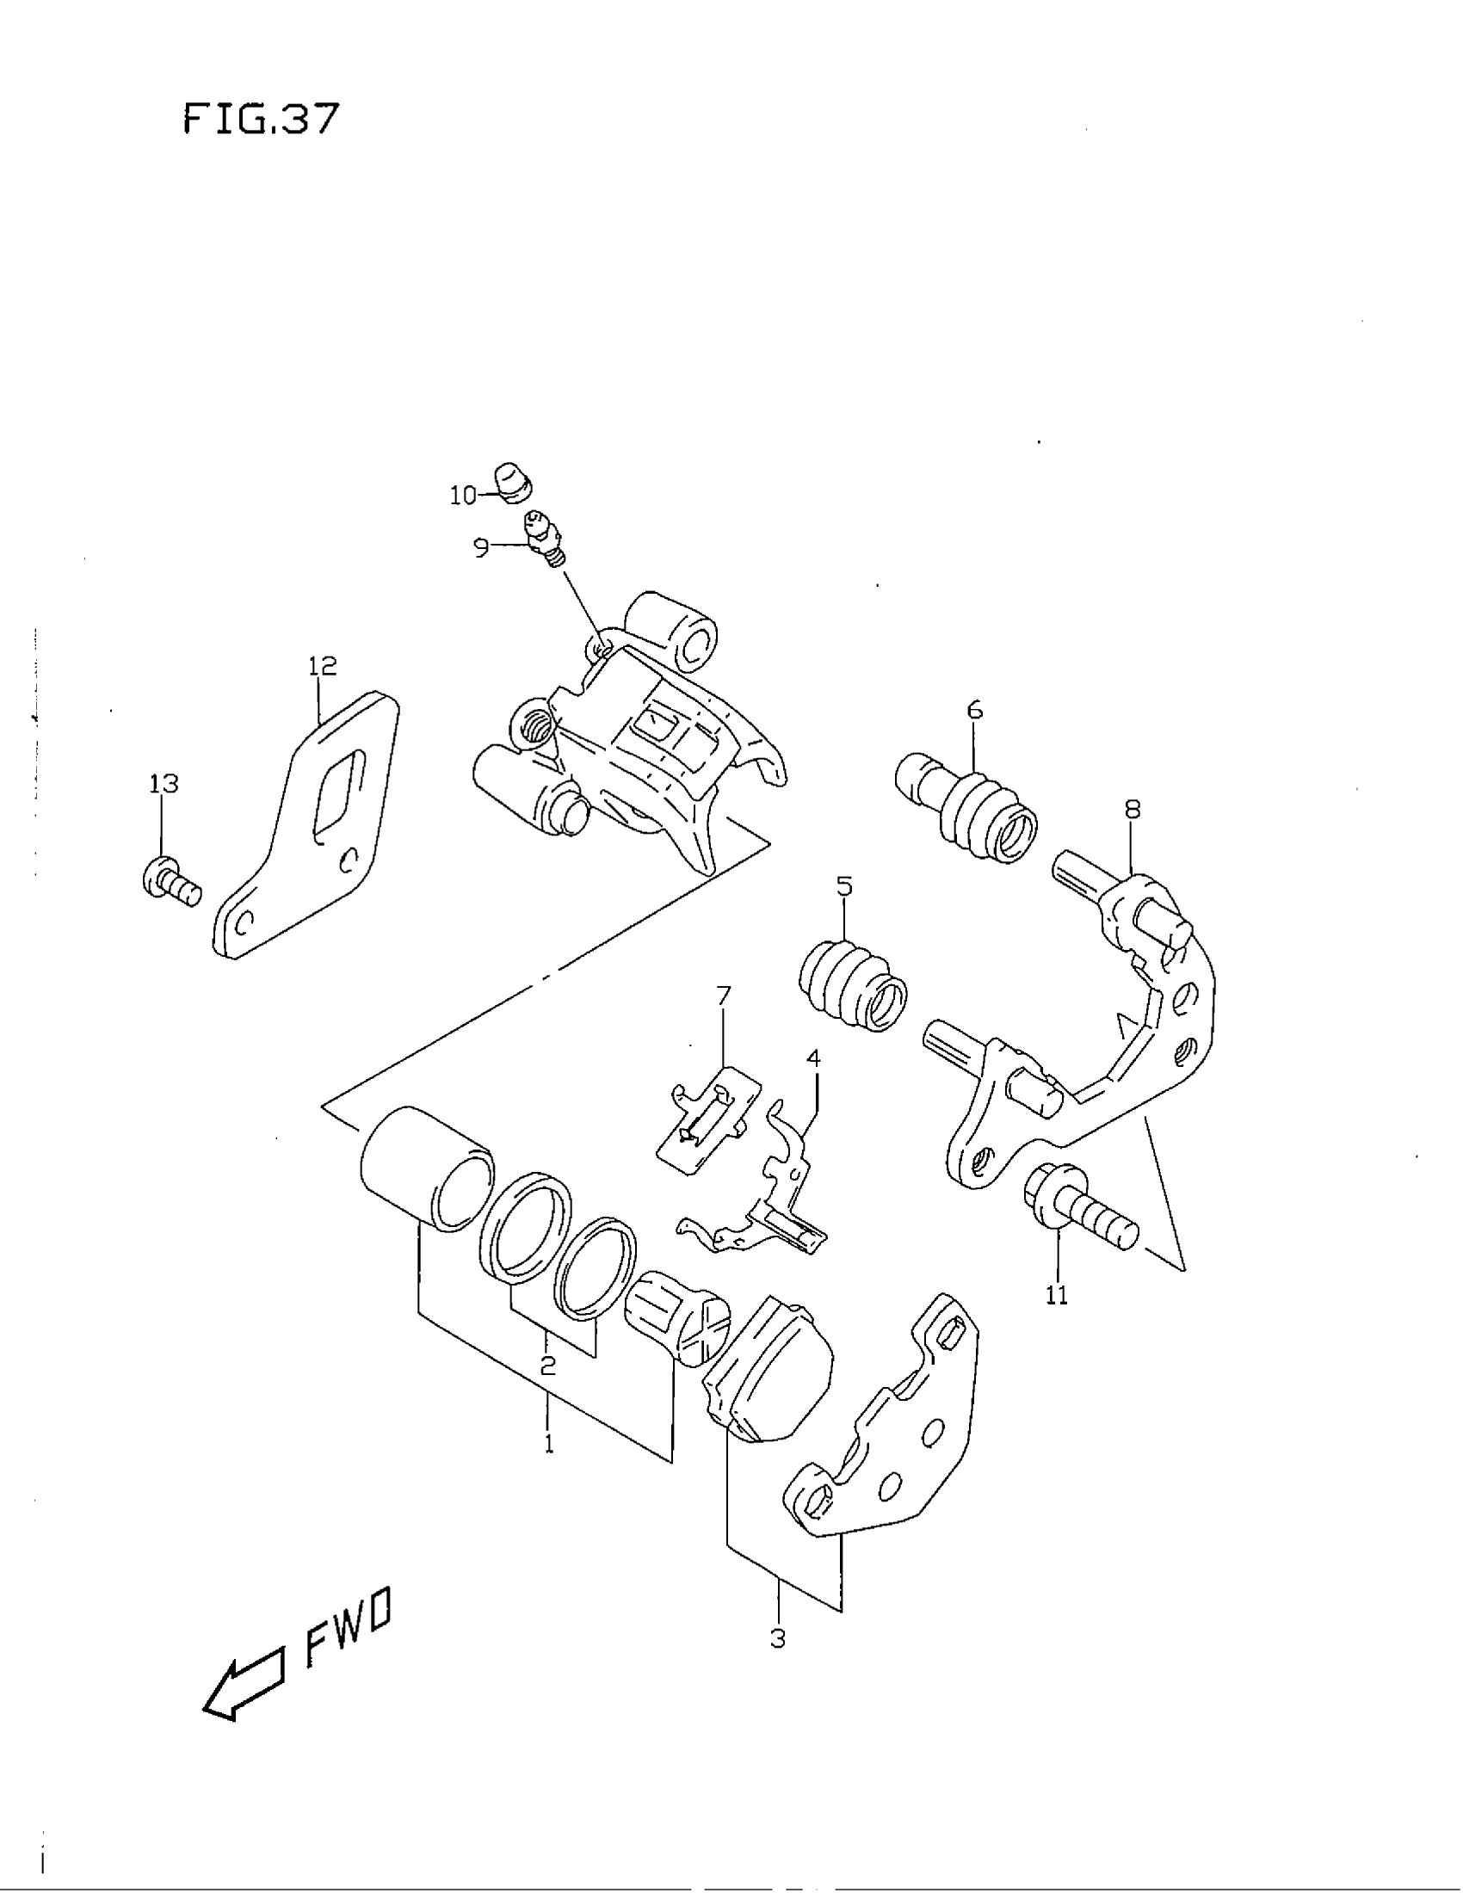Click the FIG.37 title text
pyautogui.click(x=259, y=119)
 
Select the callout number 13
pyautogui.click(x=164, y=784)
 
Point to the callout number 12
pyautogui.click(x=322, y=666)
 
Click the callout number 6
pyautogui.click(x=975, y=711)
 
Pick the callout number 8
pyautogui.click(x=1132, y=810)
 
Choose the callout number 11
pyautogui.click(x=1057, y=1295)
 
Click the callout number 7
pyautogui.click(x=724, y=996)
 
